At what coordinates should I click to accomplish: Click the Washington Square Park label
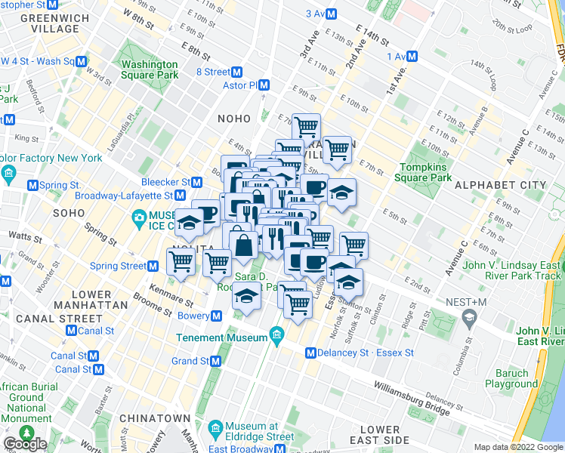pyautogui.click(x=150, y=69)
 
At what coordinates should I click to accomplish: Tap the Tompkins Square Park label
pyautogui.click(x=426, y=172)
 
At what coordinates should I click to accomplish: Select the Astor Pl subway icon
pyautogui.click(x=264, y=85)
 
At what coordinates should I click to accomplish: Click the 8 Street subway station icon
pyautogui.click(x=237, y=72)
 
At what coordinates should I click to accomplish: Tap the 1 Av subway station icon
pyautogui.click(x=412, y=56)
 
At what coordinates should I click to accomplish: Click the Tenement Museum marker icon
pyautogui.click(x=277, y=335)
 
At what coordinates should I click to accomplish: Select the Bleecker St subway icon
pyautogui.click(x=197, y=182)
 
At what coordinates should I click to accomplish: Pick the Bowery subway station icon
pyautogui.click(x=216, y=315)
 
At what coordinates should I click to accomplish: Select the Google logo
pyautogui.click(x=25, y=444)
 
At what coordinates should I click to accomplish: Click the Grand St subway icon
pyautogui.click(x=216, y=362)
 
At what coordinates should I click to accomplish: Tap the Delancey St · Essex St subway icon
pyautogui.click(x=310, y=353)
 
